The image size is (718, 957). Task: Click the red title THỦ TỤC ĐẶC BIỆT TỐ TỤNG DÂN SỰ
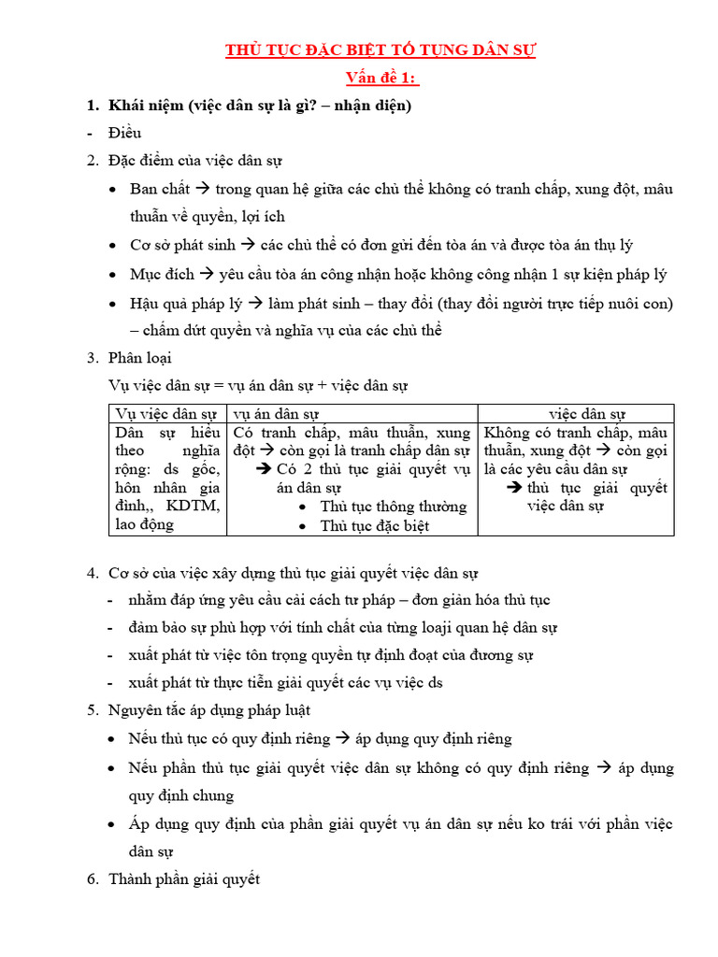(381, 50)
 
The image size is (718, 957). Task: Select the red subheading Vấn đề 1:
(381, 78)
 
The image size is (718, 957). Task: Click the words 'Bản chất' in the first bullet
(161, 189)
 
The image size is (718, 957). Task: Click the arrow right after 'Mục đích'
(207, 275)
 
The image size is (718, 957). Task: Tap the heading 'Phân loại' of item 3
(140, 358)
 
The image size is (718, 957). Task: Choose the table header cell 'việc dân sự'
(586, 414)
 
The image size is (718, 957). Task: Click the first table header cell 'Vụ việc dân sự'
(166, 414)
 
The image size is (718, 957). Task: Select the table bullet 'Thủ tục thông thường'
(393, 507)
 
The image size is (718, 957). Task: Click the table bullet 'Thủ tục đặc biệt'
(374, 526)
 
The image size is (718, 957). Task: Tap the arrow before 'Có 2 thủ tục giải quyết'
(263, 469)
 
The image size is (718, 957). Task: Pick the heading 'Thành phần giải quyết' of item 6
(184, 879)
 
